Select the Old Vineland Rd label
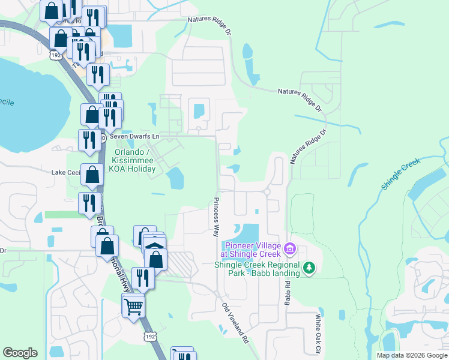pyautogui.click(x=235, y=323)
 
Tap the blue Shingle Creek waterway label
pyautogui.click(x=402, y=175)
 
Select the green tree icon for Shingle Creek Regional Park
pyautogui.click(x=309, y=267)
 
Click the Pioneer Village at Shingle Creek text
pyautogui.click(x=252, y=250)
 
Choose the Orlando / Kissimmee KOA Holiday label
pyautogui.click(x=132, y=160)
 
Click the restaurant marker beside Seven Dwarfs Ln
pyautogui.click(x=89, y=140)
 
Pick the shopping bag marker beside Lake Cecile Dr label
pyautogui.click(x=92, y=176)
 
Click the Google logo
pyautogui.click(x=20, y=353)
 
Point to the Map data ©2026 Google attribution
pyautogui.click(x=411, y=355)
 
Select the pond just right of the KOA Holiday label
pyautogui.click(x=175, y=178)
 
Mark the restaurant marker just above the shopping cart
pyautogui.click(x=142, y=278)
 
